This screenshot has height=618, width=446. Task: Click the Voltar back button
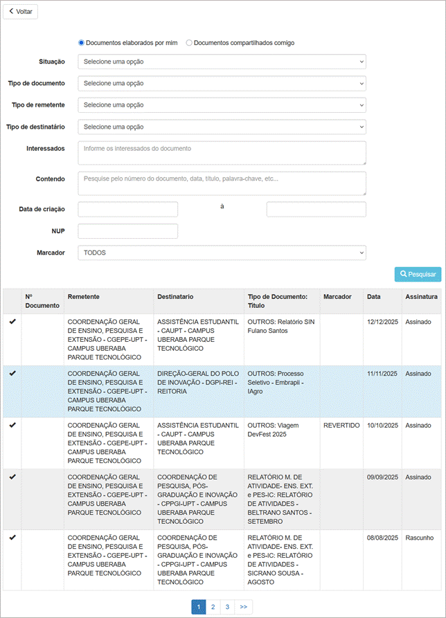click(x=21, y=12)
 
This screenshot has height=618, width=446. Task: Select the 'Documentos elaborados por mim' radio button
click(x=82, y=43)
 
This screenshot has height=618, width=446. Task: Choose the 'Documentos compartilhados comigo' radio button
click(x=189, y=43)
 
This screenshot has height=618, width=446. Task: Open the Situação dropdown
click(x=222, y=62)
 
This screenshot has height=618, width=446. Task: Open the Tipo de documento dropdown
click(x=222, y=83)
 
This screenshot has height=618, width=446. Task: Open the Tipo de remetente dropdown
click(x=222, y=105)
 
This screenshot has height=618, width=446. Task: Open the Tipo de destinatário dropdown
click(x=222, y=127)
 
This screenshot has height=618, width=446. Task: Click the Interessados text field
click(x=222, y=153)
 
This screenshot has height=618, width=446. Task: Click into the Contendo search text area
click(x=222, y=183)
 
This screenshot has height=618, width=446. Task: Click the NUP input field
click(x=128, y=231)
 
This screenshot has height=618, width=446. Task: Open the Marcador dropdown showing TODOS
click(x=222, y=253)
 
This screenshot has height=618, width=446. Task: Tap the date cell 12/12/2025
click(x=382, y=322)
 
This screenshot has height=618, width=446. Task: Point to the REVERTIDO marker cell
click(x=341, y=426)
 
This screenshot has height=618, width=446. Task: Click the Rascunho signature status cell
click(x=420, y=538)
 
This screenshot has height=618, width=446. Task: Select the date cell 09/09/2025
click(x=382, y=478)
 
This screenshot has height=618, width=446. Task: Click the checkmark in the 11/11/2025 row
click(x=12, y=374)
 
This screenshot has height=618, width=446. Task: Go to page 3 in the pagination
click(x=227, y=607)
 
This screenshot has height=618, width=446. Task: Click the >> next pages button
click(x=244, y=607)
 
